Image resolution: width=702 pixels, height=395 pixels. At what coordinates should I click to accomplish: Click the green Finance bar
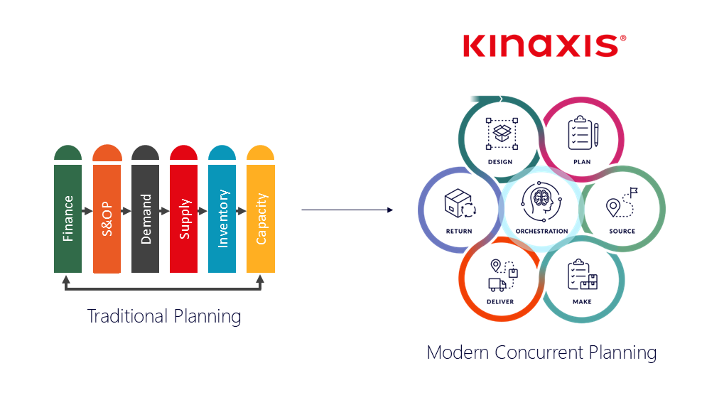(x=67, y=217)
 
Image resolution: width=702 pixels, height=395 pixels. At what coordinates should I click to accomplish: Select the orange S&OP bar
(x=107, y=217)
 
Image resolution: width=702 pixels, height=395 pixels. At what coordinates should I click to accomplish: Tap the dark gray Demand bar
(x=145, y=217)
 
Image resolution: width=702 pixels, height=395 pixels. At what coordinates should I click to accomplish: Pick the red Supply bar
(x=183, y=217)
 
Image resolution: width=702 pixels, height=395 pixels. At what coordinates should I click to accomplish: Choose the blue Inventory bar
(x=222, y=217)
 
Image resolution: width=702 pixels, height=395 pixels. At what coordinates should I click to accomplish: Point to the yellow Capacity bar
(x=261, y=217)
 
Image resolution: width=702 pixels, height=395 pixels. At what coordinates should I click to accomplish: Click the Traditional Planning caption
(x=164, y=315)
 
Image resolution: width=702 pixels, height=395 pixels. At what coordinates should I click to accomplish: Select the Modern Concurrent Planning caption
(x=541, y=352)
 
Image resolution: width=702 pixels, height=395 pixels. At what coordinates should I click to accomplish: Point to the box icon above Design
(x=500, y=134)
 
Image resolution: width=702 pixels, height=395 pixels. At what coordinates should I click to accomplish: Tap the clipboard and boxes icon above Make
(x=582, y=275)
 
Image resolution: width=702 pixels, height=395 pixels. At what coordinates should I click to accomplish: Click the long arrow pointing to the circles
(x=347, y=210)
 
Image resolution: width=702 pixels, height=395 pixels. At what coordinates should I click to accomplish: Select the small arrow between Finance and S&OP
(x=87, y=211)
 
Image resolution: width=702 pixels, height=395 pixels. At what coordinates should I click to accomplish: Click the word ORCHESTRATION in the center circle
(x=541, y=231)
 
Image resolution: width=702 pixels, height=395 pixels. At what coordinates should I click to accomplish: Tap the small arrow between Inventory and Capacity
(x=241, y=211)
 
